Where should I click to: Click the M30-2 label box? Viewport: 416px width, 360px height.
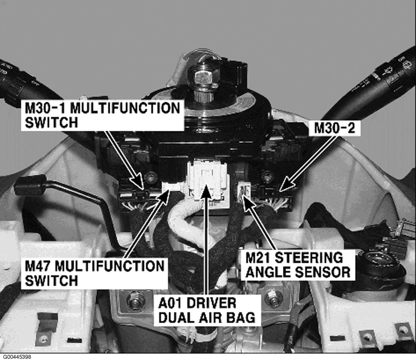(334, 128)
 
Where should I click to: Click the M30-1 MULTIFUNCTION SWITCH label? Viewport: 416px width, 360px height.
(102, 115)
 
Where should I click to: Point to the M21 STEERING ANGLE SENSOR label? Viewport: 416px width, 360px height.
(298, 264)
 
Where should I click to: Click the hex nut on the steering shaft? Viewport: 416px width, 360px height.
(203, 77)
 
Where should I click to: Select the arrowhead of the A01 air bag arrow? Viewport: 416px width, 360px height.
(206, 187)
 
